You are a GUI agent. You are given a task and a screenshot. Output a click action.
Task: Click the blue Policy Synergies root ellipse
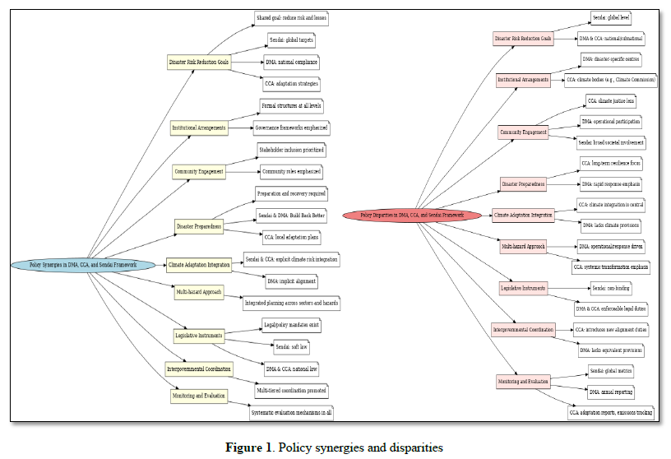pos(82,265)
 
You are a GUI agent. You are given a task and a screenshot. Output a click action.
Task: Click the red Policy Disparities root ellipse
pos(411,216)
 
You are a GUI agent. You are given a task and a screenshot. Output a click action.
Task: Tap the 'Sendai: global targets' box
pos(290,39)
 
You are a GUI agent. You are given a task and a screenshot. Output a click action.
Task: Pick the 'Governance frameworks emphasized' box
pos(290,128)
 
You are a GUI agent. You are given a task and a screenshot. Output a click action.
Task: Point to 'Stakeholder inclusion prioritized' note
pos(291,151)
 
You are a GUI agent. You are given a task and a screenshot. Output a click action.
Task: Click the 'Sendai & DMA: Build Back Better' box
pos(291,216)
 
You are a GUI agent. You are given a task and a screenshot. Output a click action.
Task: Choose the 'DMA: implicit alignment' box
pos(291,280)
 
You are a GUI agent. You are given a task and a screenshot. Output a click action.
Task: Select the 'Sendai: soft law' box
pos(290,346)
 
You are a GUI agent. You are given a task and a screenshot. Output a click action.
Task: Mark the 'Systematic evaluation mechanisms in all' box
pos(292,411)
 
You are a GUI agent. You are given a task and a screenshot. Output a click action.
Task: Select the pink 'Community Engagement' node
pos(524,132)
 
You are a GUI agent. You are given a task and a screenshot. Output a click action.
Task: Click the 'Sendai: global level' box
pos(611,16)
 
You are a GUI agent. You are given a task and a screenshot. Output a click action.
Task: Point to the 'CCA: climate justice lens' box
pos(610,100)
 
